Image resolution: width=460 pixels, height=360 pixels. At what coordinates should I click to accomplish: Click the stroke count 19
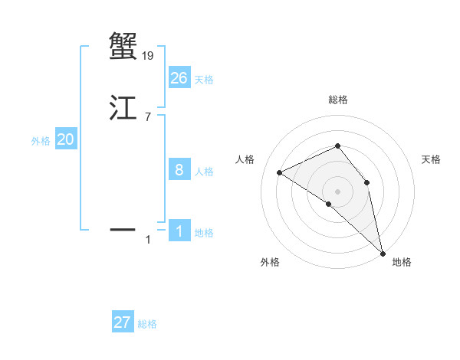148,55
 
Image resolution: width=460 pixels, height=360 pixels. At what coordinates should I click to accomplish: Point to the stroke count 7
148,117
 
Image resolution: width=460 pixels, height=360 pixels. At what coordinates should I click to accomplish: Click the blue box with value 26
179,77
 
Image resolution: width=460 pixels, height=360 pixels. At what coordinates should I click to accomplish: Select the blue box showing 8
179,169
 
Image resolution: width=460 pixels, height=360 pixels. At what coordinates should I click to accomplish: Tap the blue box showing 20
66,139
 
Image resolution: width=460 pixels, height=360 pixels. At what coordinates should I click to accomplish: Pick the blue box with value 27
123,322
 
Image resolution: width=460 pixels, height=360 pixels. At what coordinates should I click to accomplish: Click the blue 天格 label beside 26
204,80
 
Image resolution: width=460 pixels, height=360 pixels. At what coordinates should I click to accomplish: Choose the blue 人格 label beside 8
204,172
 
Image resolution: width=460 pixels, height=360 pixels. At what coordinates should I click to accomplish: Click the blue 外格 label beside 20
41,141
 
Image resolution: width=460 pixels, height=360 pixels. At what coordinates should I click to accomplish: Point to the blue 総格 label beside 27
147,325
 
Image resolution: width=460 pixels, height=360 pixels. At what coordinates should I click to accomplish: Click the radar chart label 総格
337,100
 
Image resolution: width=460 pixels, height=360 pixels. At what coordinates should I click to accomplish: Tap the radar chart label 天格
432,159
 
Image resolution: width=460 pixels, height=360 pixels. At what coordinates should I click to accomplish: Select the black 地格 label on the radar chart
402,262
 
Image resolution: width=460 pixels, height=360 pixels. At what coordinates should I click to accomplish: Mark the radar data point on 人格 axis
280,172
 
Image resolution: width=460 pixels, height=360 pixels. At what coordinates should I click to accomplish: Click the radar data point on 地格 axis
382,252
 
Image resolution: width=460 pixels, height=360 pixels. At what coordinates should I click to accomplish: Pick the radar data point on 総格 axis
337,146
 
